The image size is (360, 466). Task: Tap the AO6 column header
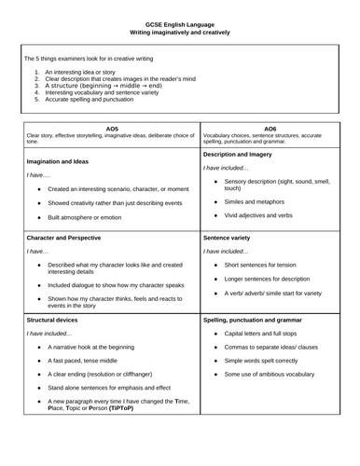coord(270,127)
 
